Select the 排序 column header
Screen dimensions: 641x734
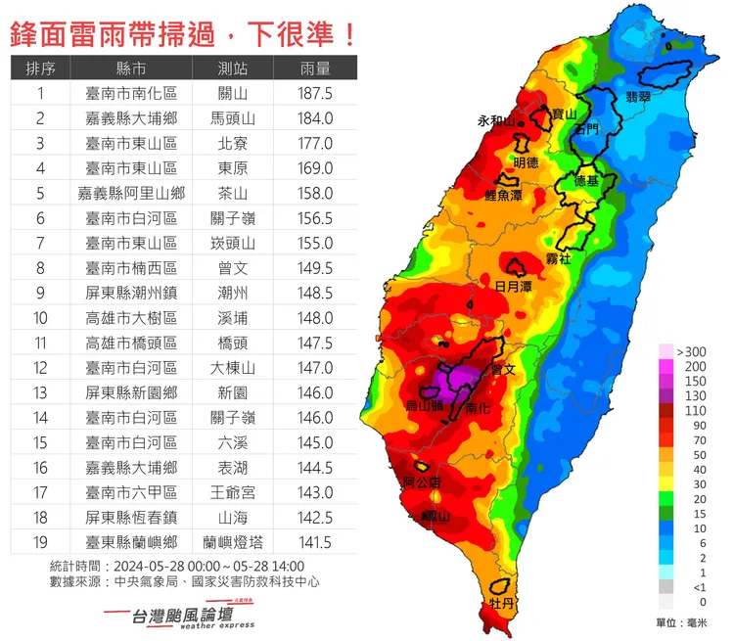click(x=41, y=69)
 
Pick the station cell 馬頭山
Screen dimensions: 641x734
click(x=233, y=118)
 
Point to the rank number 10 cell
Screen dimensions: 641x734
click(x=41, y=318)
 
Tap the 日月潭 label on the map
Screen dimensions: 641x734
click(x=514, y=287)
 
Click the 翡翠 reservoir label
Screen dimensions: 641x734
click(x=638, y=96)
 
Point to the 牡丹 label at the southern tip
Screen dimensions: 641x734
click(x=501, y=604)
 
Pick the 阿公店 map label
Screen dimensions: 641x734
click(x=422, y=482)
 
